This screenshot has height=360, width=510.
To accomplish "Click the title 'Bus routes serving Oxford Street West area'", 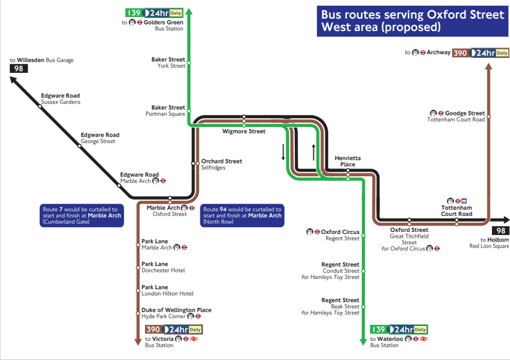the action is point(412,21).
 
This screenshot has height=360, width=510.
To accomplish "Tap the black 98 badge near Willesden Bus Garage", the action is point(19,69).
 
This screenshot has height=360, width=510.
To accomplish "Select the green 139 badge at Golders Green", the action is point(134,13).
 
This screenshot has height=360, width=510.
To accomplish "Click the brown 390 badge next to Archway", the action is point(460,53).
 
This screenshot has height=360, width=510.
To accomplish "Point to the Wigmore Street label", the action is point(244,131).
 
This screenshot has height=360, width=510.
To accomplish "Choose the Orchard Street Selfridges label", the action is point(222,164).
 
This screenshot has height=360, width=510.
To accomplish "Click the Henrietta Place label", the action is point(347,161).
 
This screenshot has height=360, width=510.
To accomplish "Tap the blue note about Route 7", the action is point(82,215).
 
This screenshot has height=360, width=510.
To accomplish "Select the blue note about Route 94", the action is point(242,215).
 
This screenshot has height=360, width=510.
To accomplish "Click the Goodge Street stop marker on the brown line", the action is point(489,116).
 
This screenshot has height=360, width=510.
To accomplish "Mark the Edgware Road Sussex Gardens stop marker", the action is point(40,106).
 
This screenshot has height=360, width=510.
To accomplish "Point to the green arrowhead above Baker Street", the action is point(189,11).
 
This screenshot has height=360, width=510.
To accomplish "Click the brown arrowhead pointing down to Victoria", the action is point(138,342).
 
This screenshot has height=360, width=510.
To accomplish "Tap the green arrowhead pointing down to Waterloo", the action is point(363,342).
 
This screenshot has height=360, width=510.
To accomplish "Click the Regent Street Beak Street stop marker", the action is point(363,307).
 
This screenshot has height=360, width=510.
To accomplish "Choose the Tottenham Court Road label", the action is point(456,211).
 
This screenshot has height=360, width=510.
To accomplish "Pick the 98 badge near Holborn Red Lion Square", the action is point(500,231).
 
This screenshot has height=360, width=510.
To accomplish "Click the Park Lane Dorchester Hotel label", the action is point(163,267).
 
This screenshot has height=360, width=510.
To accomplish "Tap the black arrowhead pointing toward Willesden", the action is point(13,80).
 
